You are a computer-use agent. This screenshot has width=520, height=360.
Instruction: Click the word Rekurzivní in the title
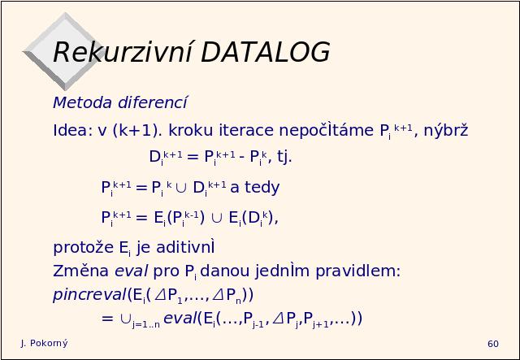click(x=123, y=52)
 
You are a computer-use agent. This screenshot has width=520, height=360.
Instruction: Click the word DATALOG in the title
click(x=266, y=52)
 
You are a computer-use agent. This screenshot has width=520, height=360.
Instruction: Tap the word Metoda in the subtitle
click(x=82, y=102)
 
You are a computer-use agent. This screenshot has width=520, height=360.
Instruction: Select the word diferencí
click(x=153, y=102)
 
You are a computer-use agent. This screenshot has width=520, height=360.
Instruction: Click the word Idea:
click(x=72, y=130)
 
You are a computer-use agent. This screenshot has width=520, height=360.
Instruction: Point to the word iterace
click(x=246, y=130)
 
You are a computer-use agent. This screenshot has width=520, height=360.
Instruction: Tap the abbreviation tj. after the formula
click(x=284, y=157)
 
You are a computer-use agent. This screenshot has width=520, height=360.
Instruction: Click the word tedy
click(x=262, y=188)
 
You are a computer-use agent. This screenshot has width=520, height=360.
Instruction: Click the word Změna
click(x=80, y=271)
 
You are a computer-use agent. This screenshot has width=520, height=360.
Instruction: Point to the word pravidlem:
click(x=357, y=271)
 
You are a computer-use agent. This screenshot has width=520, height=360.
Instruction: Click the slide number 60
click(x=493, y=344)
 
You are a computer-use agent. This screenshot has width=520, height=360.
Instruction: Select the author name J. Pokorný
click(x=44, y=344)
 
